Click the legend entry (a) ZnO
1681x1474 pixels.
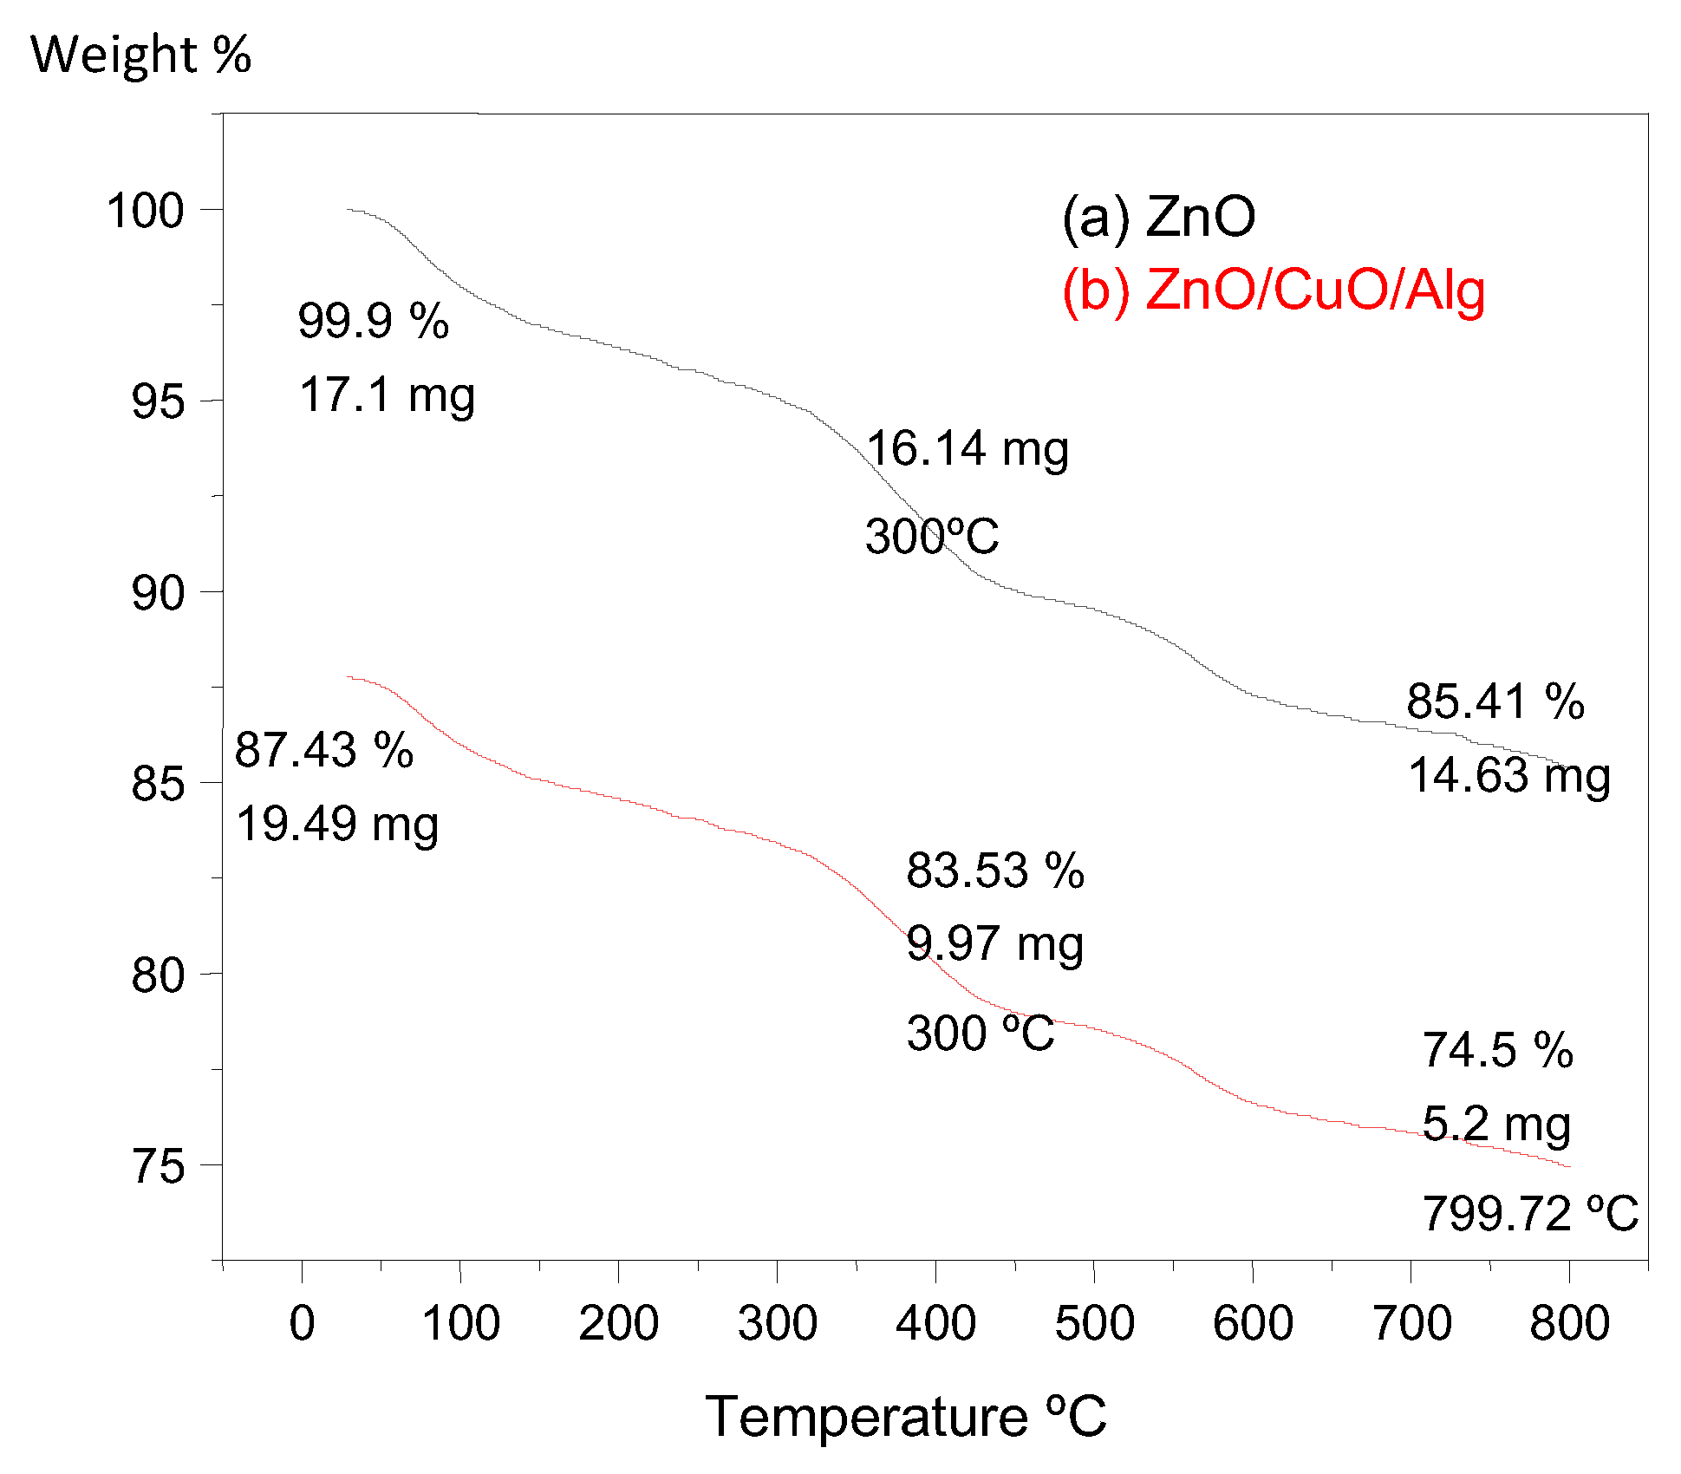tap(1158, 216)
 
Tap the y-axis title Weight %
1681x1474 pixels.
tap(140, 55)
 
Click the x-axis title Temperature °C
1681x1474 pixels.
tap(905, 1417)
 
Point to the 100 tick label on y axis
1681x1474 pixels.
tap(145, 211)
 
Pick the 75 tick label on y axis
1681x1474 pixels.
tap(158, 1166)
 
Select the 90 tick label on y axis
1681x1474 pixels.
tap(158, 593)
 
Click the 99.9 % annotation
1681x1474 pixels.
tap(373, 321)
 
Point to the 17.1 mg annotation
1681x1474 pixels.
tap(387, 395)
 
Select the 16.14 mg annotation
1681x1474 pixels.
tap(967, 449)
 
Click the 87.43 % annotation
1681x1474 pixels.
tap(323, 750)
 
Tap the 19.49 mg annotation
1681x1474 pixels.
tap(336, 824)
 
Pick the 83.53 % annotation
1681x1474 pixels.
tap(994, 871)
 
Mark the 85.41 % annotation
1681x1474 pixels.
tap(1495, 701)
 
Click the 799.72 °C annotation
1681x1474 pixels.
tap(1529, 1213)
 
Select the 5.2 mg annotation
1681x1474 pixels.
tap(1495, 1125)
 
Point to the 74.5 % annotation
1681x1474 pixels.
tap(1497, 1051)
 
